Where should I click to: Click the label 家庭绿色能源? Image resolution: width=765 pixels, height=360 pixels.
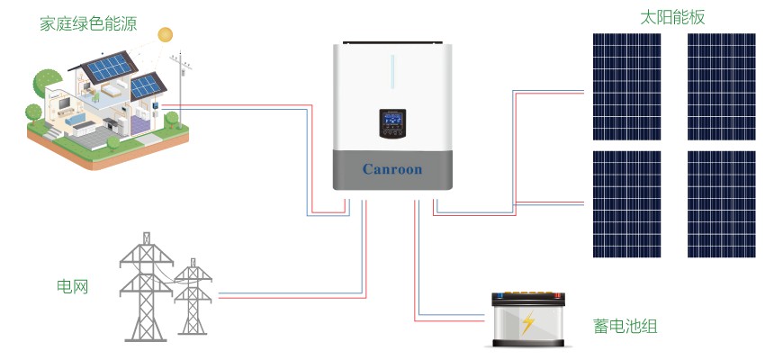[88, 24]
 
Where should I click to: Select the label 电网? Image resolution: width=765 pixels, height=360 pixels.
[72, 287]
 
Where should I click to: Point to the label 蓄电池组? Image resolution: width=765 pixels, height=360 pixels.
[625, 325]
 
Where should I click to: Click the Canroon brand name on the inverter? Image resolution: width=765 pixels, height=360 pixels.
[391, 169]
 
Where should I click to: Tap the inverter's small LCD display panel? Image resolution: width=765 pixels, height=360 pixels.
[392, 124]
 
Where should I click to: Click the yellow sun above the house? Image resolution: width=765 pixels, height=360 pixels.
[165, 35]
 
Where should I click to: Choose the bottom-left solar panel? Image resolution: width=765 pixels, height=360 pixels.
[626, 203]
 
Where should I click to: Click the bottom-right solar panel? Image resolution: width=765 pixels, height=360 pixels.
[721, 203]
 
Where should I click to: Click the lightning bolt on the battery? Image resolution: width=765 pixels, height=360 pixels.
[528, 322]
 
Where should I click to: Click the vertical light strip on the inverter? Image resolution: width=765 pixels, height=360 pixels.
[392, 72]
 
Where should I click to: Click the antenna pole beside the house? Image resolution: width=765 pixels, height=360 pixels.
[181, 81]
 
